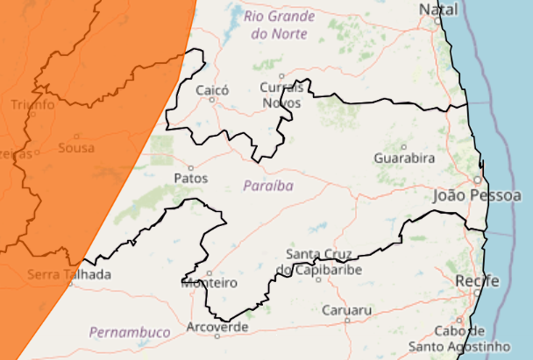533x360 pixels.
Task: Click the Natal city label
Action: coord(438,9)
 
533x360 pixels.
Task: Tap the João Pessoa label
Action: coord(477,195)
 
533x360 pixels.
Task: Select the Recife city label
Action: coord(478,280)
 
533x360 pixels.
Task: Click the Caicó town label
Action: coord(212,89)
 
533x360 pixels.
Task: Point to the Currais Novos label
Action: coord(281,95)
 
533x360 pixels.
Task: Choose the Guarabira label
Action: coord(404,159)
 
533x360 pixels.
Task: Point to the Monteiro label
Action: coord(210,283)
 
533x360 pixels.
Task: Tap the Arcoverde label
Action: coord(217,327)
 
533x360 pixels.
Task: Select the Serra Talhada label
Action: coord(69,274)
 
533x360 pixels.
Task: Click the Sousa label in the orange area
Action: coord(76,148)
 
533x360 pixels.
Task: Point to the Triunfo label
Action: coord(32,105)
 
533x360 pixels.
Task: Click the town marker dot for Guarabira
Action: coord(404,146)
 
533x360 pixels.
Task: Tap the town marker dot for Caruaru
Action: coord(347,321)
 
